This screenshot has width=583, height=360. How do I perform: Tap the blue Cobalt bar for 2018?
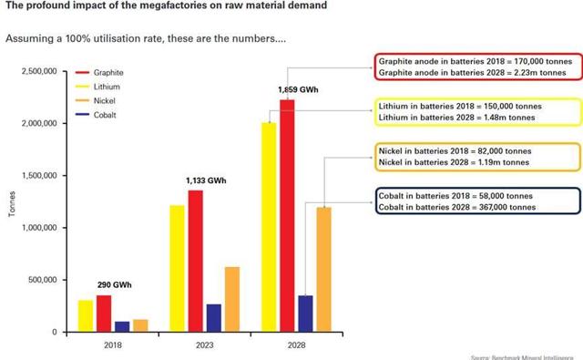(x=122, y=326)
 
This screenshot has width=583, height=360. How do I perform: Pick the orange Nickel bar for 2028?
(x=323, y=270)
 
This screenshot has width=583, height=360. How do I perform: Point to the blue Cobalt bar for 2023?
(x=213, y=318)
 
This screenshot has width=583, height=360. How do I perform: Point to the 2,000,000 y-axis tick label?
(x=39, y=123)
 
